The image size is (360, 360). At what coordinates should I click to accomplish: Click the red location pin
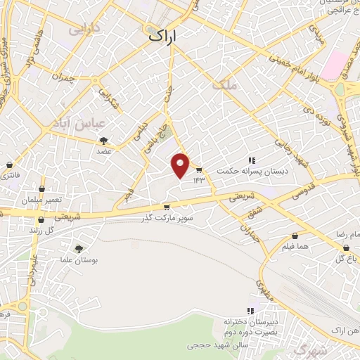tap(181, 165)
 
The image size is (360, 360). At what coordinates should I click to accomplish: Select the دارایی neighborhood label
tap(84, 30)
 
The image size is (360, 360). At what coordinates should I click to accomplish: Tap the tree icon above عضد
tap(104, 141)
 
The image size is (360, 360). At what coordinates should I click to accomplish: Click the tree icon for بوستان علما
tap(78, 248)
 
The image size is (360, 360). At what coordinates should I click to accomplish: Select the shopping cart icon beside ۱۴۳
tap(199, 171)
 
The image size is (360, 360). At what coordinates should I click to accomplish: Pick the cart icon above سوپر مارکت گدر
tap(167, 207)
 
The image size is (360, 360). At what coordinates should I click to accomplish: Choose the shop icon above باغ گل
tap(345, 248)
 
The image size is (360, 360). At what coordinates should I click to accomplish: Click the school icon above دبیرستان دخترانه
tap(250, 311)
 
